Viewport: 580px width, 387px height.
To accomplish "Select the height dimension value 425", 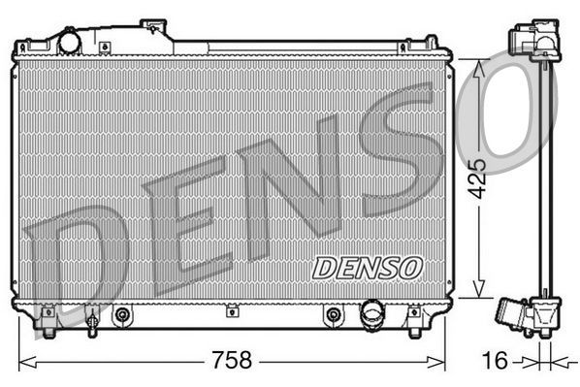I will tap(476, 177).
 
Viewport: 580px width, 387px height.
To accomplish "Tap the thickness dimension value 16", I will tap(494, 361).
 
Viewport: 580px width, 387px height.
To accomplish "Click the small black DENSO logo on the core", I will tap(368, 265).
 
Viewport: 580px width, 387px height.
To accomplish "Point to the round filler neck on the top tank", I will tap(70, 42).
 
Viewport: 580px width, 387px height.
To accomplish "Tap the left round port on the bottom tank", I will tap(122, 314).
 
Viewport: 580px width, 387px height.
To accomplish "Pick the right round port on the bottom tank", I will tap(334, 314).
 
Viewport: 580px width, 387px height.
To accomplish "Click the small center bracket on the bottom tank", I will tap(232, 310).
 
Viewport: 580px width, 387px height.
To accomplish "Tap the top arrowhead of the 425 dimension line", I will tap(476, 63).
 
